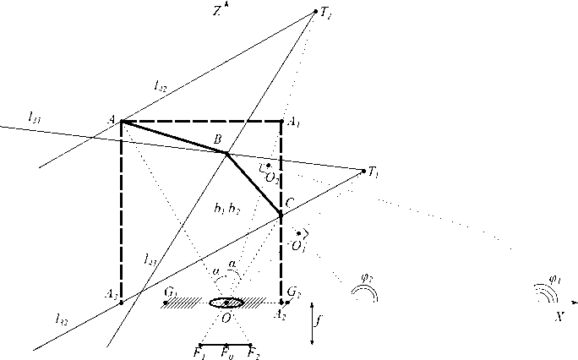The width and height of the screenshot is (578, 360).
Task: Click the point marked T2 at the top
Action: [x=315, y=11]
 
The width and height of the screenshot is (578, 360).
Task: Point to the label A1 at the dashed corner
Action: [x=294, y=123]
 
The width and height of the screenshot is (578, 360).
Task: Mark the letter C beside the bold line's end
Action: [x=290, y=203]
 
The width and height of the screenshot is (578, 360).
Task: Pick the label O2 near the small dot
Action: [x=272, y=177]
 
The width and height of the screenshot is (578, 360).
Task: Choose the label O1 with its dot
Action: [x=297, y=245]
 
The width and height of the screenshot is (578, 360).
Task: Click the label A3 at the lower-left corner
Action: [x=111, y=293]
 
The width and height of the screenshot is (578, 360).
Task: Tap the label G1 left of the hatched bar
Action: [x=170, y=293]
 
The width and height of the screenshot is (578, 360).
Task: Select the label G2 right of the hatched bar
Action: [x=293, y=293]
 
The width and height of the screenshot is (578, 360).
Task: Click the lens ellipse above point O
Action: [x=226, y=303]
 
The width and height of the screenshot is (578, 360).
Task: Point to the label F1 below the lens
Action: [x=199, y=352]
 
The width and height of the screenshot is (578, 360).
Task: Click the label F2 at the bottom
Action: [x=254, y=352]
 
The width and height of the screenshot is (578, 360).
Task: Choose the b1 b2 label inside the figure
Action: [x=228, y=208]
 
